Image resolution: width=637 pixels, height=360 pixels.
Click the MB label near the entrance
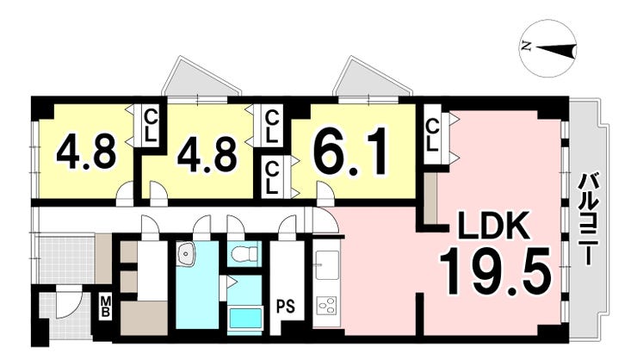pyautogui.click(x=104, y=306)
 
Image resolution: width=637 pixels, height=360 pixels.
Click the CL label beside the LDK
pyautogui.click(x=433, y=134)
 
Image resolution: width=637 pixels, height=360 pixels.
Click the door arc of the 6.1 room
pyautogui.click(x=325, y=198)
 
